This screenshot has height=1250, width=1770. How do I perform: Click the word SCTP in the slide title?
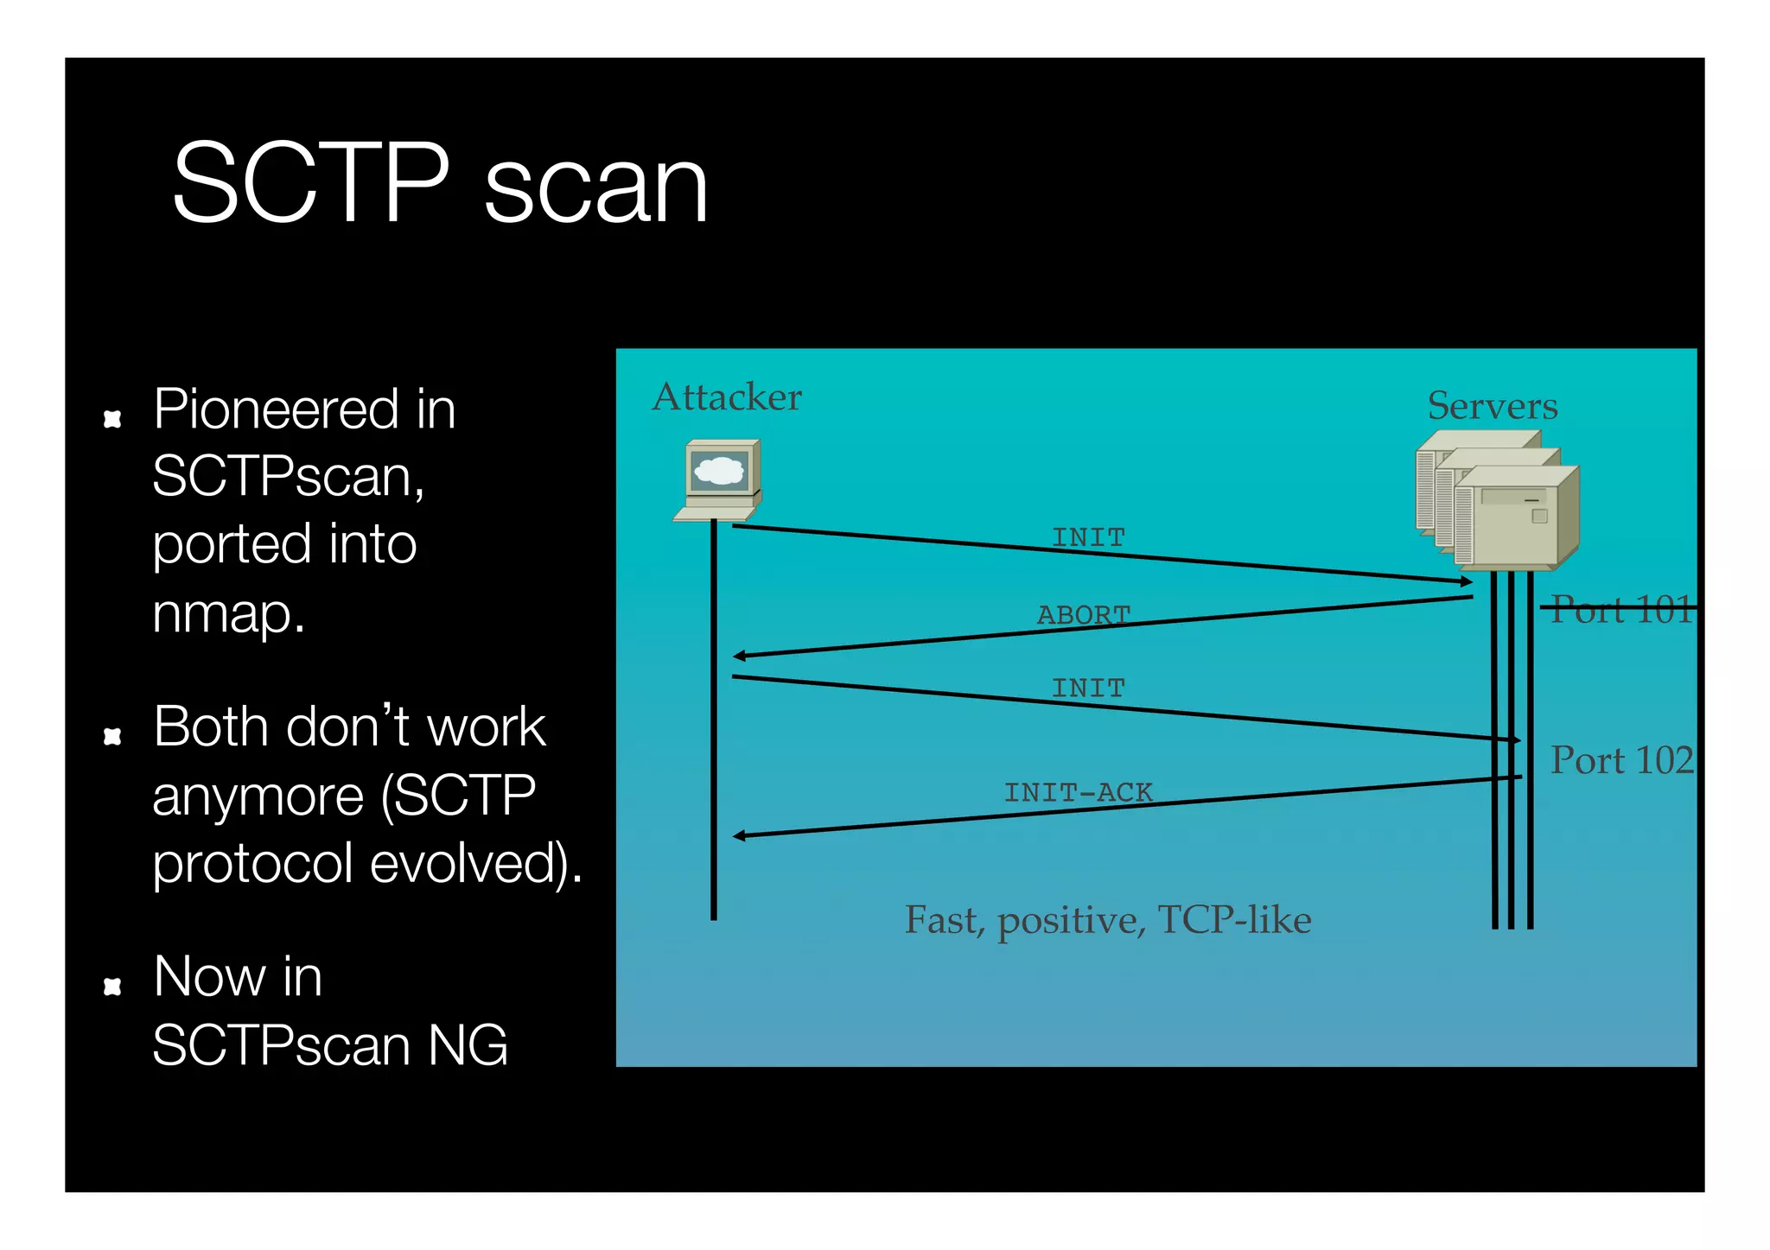(x=311, y=183)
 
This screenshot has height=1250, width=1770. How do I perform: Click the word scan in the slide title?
(x=595, y=187)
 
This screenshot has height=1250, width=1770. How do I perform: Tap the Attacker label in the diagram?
(x=727, y=397)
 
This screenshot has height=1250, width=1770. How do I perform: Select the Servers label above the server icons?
(x=1492, y=406)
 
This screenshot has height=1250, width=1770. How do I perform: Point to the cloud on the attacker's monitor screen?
(x=719, y=471)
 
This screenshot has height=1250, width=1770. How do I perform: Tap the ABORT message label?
(x=1084, y=614)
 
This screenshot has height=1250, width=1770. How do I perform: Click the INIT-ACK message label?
(x=1078, y=792)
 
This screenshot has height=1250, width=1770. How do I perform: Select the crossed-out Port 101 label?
(x=1620, y=609)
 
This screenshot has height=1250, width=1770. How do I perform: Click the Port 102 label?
(x=1620, y=760)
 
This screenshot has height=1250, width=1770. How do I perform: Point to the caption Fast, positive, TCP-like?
(x=1107, y=920)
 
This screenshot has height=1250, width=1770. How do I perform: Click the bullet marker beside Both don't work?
(x=112, y=736)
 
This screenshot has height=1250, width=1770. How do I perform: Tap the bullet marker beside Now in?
(x=112, y=987)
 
